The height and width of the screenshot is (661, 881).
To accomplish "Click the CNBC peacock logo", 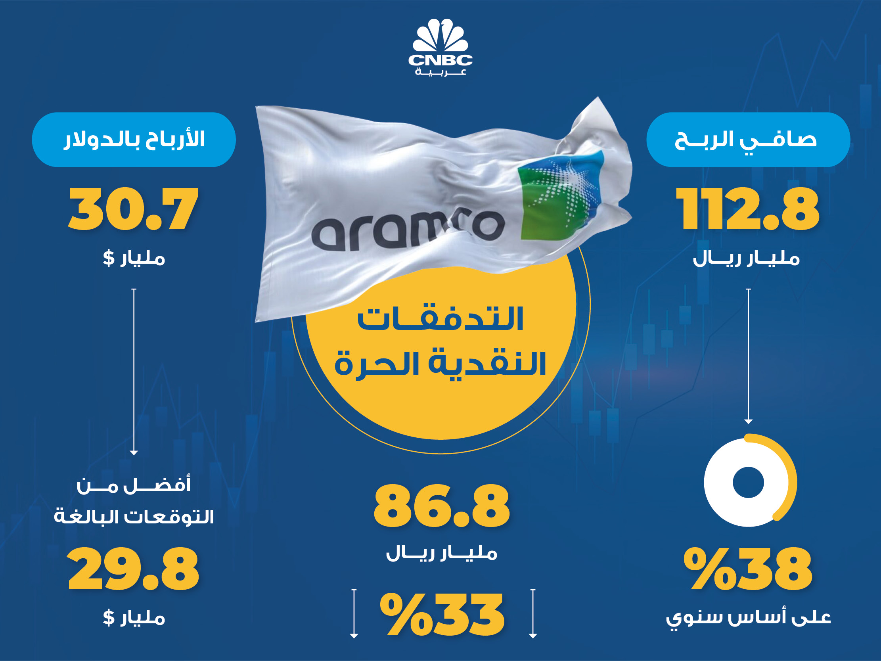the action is pyautogui.click(x=440, y=47).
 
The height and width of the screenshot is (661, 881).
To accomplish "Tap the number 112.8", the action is pyautogui.click(x=747, y=209).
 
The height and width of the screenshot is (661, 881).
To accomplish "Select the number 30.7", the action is pyautogui.click(x=134, y=209).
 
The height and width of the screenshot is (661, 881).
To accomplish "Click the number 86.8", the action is pyautogui.click(x=442, y=506).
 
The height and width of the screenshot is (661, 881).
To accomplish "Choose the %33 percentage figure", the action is pyautogui.click(x=442, y=614).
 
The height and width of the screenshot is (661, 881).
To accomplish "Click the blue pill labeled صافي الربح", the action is pyautogui.click(x=748, y=140).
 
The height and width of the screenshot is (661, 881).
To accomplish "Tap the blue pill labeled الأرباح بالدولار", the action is pyautogui.click(x=134, y=140).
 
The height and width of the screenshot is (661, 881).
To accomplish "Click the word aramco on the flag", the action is pyautogui.click(x=406, y=231).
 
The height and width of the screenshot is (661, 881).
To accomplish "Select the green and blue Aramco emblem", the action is pyautogui.click(x=561, y=195).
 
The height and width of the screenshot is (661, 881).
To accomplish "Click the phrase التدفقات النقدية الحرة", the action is pyautogui.click(x=440, y=341).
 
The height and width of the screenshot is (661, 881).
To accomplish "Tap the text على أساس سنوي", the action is pyautogui.click(x=748, y=617).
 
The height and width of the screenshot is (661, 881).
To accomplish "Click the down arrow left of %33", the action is pyautogui.click(x=354, y=613).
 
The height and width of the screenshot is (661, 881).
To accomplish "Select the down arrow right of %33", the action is pyautogui.click(x=533, y=613).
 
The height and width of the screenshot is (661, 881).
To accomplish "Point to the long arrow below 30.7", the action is pyautogui.click(x=134, y=372).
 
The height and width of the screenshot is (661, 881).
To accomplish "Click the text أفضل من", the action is pyautogui.click(x=134, y=485).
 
